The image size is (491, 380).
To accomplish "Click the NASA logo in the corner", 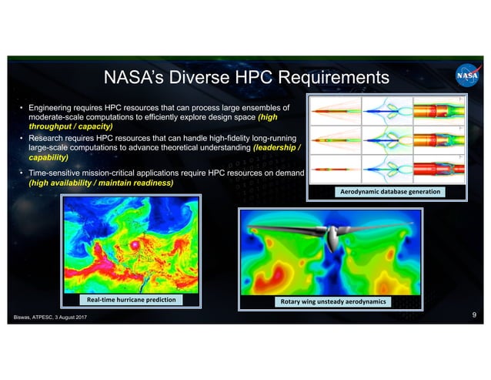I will point(467,77).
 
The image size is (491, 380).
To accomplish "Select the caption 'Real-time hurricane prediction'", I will point(131,299).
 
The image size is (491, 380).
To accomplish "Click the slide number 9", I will point(473,315).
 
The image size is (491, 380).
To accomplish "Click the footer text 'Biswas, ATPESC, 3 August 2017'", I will point(48,318).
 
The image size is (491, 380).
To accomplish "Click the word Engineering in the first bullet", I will point(52,107).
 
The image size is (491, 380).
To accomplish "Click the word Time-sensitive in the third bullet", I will point(58,174).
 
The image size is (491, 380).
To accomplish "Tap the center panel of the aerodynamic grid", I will point(387,140).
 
